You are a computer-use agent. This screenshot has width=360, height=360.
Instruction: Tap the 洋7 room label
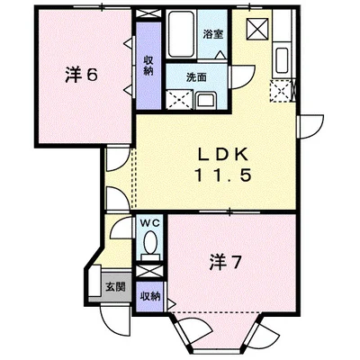click(x=224, y=264)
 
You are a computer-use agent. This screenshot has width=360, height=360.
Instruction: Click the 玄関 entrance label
click(x=115, y=288)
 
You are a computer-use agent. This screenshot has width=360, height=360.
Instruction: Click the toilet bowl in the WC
click(x=150, y=243)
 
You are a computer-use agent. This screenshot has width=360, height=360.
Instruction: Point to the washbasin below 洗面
click(x=206, y=99)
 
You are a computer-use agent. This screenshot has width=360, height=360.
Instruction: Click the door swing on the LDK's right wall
click(x=311, y=126)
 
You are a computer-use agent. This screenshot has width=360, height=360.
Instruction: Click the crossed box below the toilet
click(x=150, y=269)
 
